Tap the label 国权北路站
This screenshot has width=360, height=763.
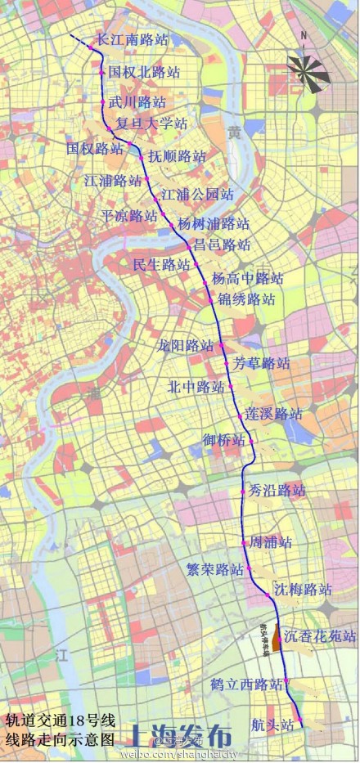pyautogui.click(x=144, y=72)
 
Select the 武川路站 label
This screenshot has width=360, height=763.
pyautogui.click(x=137, y=102)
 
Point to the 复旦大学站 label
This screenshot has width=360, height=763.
pyautogui.click(x=151, y=124)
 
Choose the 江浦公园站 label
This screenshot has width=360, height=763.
pyautogui.click(x=197, y=195)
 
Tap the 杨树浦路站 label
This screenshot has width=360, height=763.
pyautogui.click(x=214, y=223)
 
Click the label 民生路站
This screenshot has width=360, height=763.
pyautogui.click(x=161, y=264)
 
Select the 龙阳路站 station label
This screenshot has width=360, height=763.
pyautogui.click(x=186, y=345)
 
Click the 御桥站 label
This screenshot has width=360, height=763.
pyautogui.click(x=223, y=440)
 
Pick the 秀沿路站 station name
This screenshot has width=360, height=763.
pyautogui.click(x=277, y=491)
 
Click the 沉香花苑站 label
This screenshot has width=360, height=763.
pyautogui.click(x=320, y=635)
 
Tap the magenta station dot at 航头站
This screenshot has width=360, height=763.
pyautogui.click(x=301, y=723)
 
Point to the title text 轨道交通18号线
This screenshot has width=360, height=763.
pyautogui.click(x=60, y=720)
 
